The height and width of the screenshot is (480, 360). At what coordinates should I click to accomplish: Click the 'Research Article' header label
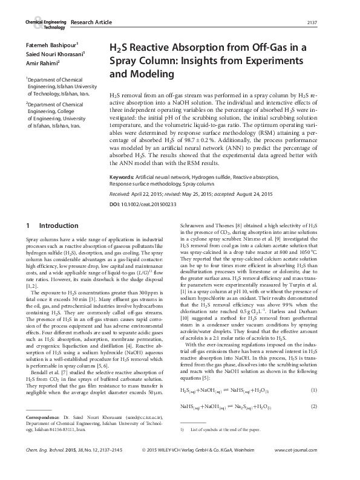click(91, 22)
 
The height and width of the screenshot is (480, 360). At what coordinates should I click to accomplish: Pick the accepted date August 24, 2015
click(251, 194)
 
